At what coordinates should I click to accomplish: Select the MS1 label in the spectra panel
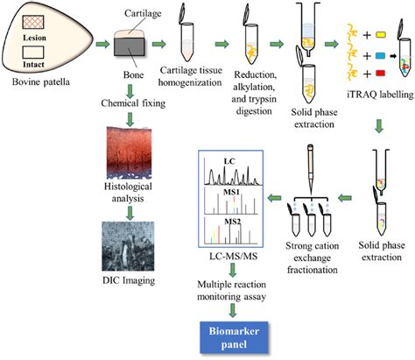pyautogui.click(x=232, y=192)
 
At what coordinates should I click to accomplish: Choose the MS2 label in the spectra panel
pyautogui.click(x=232, y=221)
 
